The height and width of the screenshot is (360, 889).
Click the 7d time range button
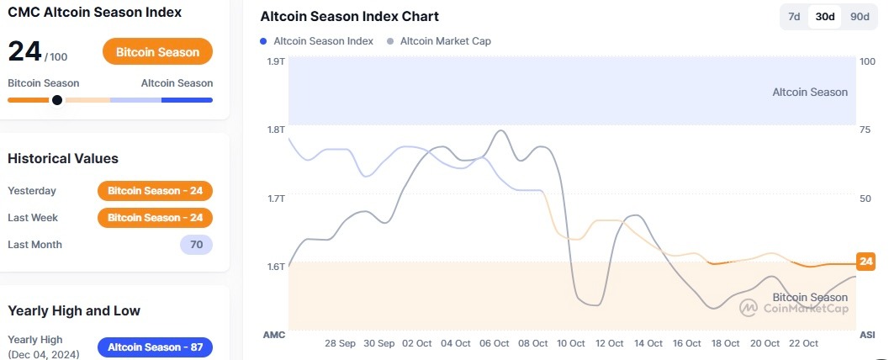793,17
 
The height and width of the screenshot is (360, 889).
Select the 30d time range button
824,17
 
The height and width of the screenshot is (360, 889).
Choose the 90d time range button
859,17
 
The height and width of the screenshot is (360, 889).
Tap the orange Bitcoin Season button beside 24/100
157,52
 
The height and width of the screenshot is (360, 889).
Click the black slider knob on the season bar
56,100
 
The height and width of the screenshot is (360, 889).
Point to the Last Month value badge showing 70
196,245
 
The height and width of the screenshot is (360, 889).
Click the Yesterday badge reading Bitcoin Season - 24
155,191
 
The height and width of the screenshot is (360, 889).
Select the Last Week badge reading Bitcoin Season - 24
155,218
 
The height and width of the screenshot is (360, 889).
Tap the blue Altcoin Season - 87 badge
155,347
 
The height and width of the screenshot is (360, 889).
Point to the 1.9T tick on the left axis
276,61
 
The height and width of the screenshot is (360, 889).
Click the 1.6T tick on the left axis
276,267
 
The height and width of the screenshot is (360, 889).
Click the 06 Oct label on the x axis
494,343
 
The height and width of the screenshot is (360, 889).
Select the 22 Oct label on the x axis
803,343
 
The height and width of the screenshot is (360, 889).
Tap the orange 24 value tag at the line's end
865,262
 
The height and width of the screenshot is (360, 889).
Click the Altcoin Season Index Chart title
349,17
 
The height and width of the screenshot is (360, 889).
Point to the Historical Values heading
63,158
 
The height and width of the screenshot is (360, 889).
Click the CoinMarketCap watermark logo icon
749,308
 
